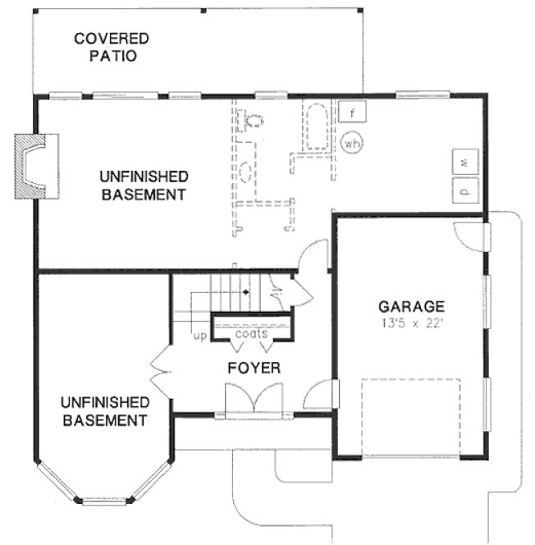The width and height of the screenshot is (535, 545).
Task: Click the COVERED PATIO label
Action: click(x=112, y=48)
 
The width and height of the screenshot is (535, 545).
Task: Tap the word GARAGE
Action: click(x=411, y=306)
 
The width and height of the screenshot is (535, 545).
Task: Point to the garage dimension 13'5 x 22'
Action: click(x=411, y=323)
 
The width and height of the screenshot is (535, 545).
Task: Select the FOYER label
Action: click(x=254, y=369)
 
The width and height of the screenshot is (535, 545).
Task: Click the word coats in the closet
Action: click(x=251, y=335)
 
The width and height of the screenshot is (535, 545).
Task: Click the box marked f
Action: click(x=353, y=111)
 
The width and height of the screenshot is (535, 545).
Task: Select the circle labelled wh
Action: click(x=352, y=143)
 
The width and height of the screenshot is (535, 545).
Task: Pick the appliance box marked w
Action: click(x=464, y=163)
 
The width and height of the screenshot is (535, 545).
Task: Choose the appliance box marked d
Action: click(x=464, y=191)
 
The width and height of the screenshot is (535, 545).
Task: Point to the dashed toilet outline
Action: click(x=255, y=121)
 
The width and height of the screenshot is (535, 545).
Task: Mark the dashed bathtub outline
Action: click(x=316, y=127)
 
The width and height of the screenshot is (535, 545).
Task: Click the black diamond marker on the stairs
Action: click(x=245, y=291)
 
